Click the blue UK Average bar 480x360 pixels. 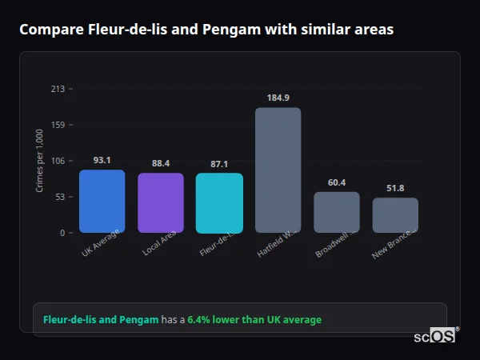102,201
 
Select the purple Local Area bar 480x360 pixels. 161,202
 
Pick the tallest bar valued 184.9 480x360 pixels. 278,170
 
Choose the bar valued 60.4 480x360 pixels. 337,212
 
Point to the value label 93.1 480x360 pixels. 102,160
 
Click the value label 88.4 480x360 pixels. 161,163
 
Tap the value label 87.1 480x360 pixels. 219,164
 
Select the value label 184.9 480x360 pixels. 278,98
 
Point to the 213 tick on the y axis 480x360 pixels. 58,89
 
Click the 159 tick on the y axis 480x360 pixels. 58,125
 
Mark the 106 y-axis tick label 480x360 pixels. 58,161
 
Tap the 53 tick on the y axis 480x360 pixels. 59,197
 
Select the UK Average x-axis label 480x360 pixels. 101,243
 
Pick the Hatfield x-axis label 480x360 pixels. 277,244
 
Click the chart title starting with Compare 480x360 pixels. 206,30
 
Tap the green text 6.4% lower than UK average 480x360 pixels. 254,320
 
